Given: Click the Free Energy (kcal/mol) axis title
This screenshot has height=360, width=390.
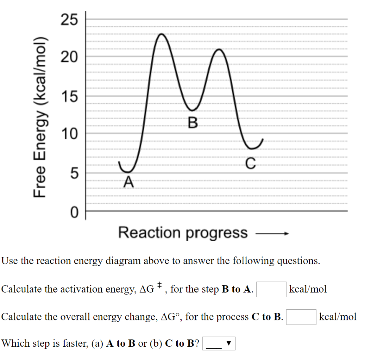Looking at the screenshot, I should (41, 118).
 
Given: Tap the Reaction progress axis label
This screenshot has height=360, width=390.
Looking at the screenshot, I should (183, 232).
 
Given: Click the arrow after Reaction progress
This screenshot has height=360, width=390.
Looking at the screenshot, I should (273, 234).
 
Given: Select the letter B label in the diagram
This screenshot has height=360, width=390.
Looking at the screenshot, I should (193, 123).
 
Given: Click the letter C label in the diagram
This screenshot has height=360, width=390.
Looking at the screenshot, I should (250, 163).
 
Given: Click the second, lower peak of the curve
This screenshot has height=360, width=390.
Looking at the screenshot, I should (219, 50).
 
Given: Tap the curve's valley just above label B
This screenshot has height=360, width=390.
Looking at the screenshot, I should (193, 110).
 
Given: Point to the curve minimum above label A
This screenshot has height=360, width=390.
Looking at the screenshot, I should (129, 172).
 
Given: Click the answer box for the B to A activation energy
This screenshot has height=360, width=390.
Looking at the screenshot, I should (271, 289).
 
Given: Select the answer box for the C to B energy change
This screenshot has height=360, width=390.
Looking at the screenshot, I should (301, 317).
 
